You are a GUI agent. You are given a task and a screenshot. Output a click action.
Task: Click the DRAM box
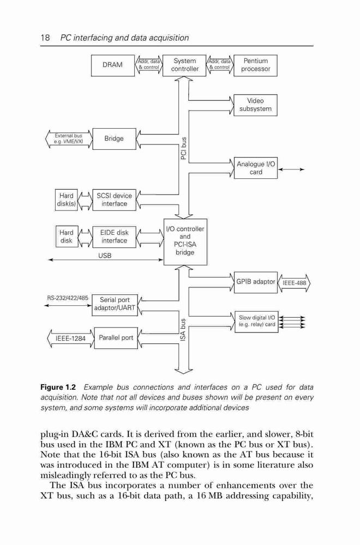[x=113, y=65]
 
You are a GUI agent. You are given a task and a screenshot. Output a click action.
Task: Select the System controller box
[x=184, y=65]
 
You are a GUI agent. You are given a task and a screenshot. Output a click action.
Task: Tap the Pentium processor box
[x=256, y=65]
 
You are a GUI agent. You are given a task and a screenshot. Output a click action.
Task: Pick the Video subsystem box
[x=256, y=105]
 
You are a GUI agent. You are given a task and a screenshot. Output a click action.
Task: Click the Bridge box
[x=114, y=138]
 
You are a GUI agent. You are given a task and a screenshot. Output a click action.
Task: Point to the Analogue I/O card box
[x=256, y=168]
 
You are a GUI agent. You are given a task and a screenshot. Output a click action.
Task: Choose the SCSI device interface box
[x=114, y=200]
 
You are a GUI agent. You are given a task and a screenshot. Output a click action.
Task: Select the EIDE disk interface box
[x=114, y=237]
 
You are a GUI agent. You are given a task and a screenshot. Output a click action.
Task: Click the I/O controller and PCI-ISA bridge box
[x=185, y=242]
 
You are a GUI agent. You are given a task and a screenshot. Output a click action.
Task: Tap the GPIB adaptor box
[x=256, y=282]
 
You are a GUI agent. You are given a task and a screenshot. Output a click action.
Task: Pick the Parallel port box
[x=116, y=338]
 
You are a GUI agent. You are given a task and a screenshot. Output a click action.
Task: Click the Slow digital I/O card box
[x=256, y=322]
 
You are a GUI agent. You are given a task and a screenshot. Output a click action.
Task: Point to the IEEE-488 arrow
[x=294, y=283]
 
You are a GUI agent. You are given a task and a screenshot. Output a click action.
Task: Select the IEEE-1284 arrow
[x=70, y=338]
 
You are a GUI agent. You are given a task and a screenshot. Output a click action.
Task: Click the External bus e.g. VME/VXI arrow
[x=69, y=139]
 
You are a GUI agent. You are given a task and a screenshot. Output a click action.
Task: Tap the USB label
[x=105, y=256]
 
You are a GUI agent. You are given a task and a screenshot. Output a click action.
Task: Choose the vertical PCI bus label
[x=184, y=148]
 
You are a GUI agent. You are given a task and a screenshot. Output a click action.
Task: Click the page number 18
[x=45, y=38]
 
